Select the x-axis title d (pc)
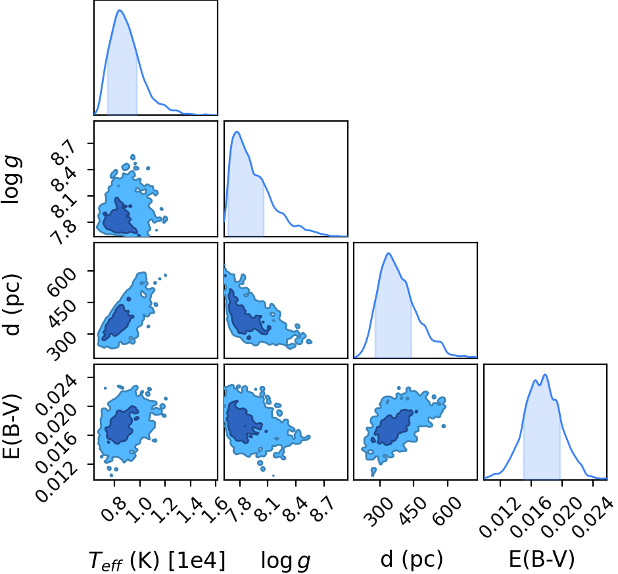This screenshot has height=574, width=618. coord(412,559)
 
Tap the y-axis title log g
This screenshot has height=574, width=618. coord(11,179)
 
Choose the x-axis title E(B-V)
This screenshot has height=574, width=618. coord(542,559)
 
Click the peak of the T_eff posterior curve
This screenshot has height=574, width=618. coord(120,11)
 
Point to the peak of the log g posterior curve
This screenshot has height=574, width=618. coord(237,132)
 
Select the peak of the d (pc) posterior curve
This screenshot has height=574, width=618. coord(389,253)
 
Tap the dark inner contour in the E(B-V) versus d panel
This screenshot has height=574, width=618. coord(393,427)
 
